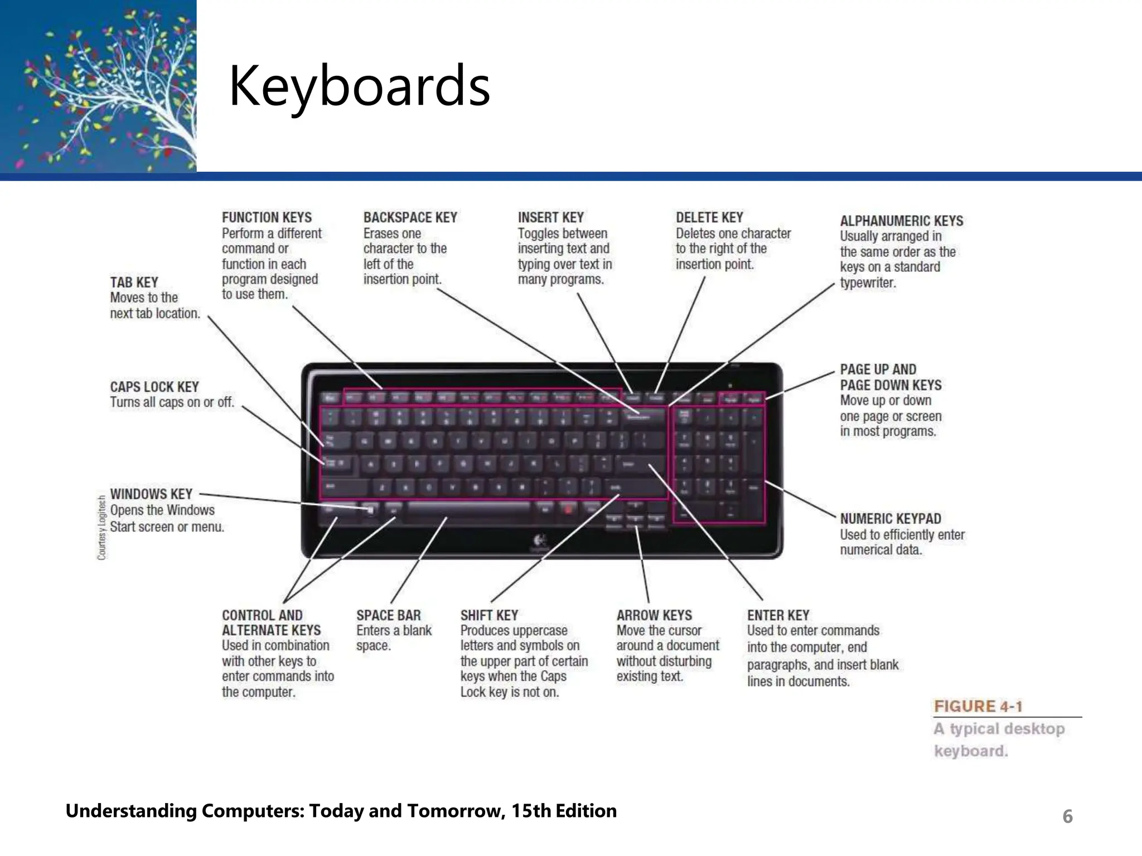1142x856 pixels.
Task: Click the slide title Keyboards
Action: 359,86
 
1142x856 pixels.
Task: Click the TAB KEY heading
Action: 134,283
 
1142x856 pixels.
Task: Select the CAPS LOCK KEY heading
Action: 154,387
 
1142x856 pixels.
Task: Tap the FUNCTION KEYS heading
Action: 267,217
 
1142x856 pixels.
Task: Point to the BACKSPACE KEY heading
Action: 410,217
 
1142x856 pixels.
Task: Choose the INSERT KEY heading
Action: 550,217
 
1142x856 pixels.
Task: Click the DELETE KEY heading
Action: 709,217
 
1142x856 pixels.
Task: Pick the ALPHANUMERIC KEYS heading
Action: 901,221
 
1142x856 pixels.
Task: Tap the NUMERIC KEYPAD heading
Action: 890,519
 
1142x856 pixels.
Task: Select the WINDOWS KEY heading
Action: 151,494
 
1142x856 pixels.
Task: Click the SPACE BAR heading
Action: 389,615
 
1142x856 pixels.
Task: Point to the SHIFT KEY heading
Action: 489,615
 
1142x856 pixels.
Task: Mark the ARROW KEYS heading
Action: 654,615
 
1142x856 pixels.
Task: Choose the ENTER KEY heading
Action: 778,615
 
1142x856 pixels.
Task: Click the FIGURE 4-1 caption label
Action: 978,707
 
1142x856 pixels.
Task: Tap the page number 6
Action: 1067,816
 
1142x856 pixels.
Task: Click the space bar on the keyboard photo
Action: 468,508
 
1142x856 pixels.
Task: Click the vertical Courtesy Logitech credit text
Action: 101,527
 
